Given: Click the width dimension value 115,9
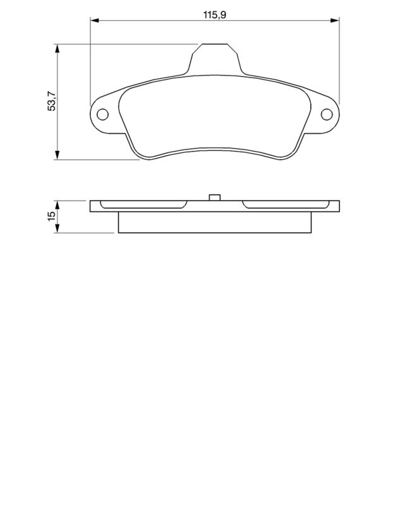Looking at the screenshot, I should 215,13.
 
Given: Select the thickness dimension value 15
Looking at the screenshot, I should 52,217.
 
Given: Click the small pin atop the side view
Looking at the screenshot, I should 215,197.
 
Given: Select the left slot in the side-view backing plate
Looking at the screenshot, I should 144,205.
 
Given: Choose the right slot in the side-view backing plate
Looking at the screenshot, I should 285,205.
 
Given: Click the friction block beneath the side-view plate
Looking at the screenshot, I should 215,222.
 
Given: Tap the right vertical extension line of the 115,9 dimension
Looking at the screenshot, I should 340,63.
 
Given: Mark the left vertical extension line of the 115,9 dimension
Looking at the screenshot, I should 90,63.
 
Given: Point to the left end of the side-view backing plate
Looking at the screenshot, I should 92,206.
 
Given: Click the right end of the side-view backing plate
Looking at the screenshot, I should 338,206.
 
